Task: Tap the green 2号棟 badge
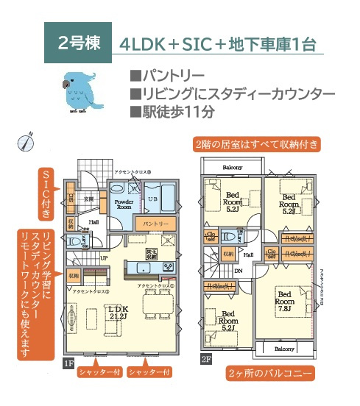[79, 41]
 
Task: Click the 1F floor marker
[68, 363]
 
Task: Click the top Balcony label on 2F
[233, 167]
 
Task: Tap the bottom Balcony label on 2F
[284, 348]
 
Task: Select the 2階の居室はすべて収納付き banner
[257, 143]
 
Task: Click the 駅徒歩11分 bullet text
[172, 113]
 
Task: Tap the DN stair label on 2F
[238, 271]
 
